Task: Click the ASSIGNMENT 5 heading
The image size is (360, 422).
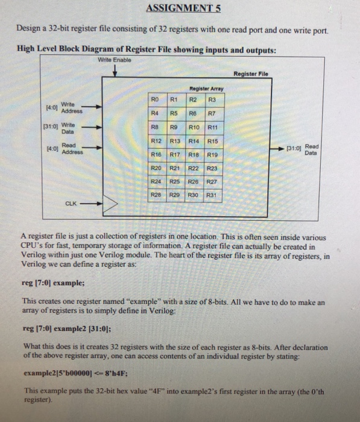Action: pos(180,8)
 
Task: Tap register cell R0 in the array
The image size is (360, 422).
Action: pos(155,99)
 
